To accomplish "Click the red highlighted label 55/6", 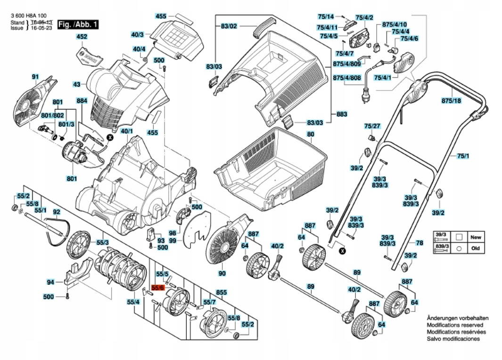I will tap(157, 287).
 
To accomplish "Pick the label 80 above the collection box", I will tap(310, 134).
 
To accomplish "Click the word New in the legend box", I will tap(476, 237).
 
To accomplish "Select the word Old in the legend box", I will tap(476, 248).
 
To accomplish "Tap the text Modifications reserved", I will tap(453, 325).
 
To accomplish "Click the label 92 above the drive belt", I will tap(56, 212).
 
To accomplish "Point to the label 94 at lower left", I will tap(50, 282).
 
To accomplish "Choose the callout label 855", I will tap(222, 292).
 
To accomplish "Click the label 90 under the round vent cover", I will tap(222, 273).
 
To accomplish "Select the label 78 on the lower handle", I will tap(419, 243).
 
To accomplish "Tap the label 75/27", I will tap(372, 126).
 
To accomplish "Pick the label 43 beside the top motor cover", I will tap(77, 85).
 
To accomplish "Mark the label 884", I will tap(82, 101).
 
